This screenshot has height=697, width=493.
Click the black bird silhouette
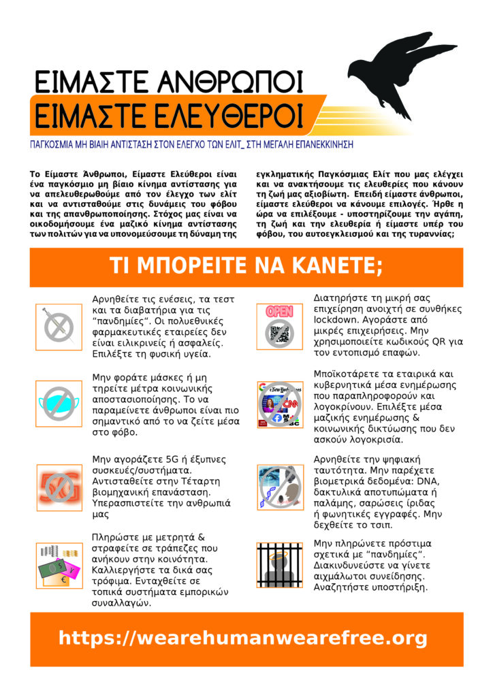click(395, 68)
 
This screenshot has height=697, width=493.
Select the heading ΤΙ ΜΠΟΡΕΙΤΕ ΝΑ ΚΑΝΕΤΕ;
click(246, 266)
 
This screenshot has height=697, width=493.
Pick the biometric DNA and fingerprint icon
click(279, 486)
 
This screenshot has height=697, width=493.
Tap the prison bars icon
click(279, 564)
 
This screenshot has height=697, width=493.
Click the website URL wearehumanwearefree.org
click(243, 638)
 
